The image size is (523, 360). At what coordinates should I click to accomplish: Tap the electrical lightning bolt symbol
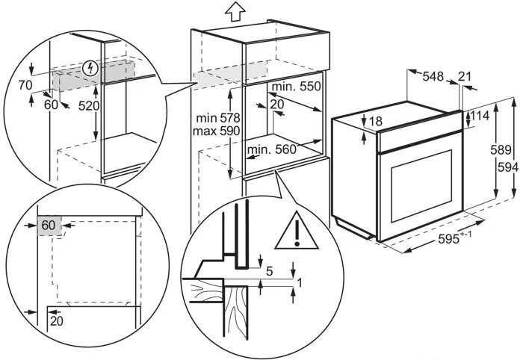[90, 68]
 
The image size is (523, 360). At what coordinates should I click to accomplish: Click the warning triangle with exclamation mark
[297, 231]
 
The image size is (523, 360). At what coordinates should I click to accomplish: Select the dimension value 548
[433, 77]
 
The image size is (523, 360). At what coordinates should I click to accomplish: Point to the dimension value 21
[464, 77]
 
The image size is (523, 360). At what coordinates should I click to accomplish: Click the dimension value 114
[480, 116]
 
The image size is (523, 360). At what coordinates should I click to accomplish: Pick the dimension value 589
[501, 150]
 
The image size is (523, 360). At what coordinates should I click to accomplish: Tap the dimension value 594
[508, 167]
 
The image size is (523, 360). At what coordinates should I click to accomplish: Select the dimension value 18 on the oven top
[376, 121]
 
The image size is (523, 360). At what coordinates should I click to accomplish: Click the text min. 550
[296, 87]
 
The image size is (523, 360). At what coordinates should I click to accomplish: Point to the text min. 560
[272, 149]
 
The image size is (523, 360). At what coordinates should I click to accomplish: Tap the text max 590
[216, 131]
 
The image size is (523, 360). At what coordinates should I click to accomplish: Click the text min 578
[218, 118]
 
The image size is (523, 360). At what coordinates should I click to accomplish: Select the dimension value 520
[89, 106]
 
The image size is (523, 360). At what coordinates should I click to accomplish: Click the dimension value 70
[25, 86]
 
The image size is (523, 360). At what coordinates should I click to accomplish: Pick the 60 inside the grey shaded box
[49, 226]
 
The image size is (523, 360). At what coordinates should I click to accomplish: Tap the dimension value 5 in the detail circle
[270, 271]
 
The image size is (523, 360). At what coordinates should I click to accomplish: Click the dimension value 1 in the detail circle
[299, 283]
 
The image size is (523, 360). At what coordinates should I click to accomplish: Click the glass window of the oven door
[421, 186]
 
